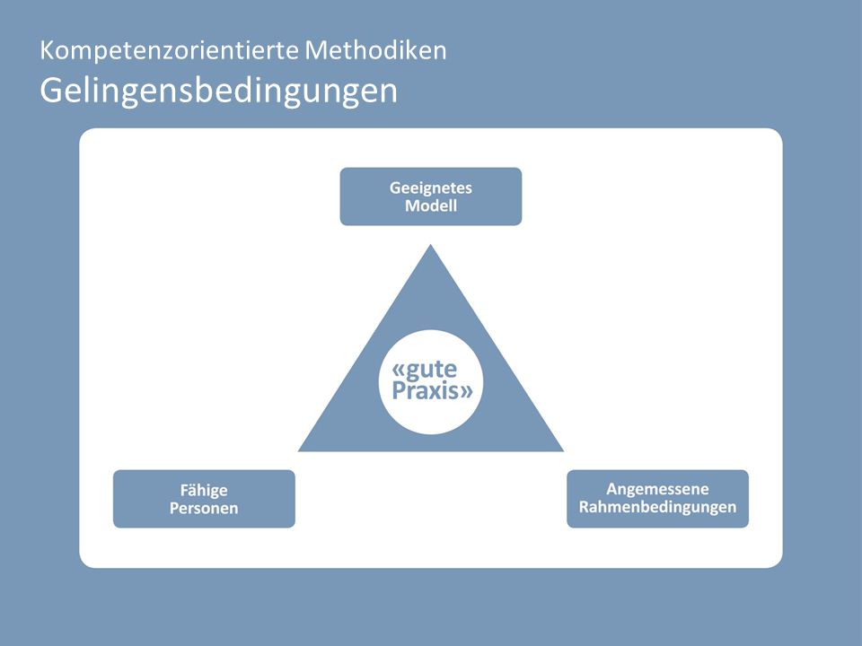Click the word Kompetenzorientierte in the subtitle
[x=170, y=51]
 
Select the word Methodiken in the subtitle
[x=375, y=50]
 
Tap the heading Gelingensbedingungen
[x=218, y=92]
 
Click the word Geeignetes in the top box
[x=431, y=188]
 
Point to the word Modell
[x=431, y=206]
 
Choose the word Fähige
[x=204, y=491]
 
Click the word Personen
[x=204, y=508]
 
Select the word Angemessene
[x=657, y=490]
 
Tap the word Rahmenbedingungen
[x=657, y=507]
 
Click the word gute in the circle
[x=431, y=369]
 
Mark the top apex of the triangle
[x=430, y=244]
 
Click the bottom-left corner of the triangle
[x=298, y=451]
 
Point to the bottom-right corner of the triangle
[x=564, y=451]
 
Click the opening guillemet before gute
[x=399, y=370]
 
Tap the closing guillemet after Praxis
[x=466, y=392]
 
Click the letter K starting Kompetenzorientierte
[x=47, y=50]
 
